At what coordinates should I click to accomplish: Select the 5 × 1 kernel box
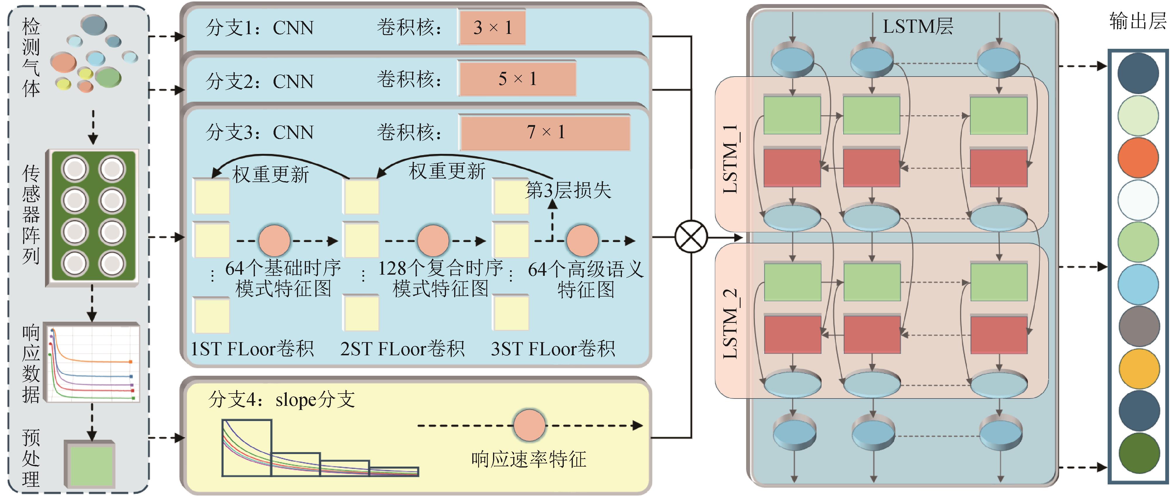tap(517, 79)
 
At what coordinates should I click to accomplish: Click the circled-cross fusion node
tap(691, 237)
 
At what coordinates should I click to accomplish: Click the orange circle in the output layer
tap(1138, 157)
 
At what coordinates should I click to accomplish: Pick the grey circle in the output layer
tap(1138, 326)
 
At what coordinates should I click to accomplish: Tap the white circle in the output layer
tap(1138, 200)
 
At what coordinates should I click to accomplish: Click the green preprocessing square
tap(91, 465)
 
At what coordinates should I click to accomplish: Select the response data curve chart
tap(93, 363)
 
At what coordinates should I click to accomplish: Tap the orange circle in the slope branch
tap(529, 425)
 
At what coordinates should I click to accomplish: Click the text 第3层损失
tap(568, 191)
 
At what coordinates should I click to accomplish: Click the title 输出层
tap(1137, 21)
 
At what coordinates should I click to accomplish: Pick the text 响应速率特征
tap(529, 459)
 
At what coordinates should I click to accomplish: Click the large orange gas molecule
tap(63, 63)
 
